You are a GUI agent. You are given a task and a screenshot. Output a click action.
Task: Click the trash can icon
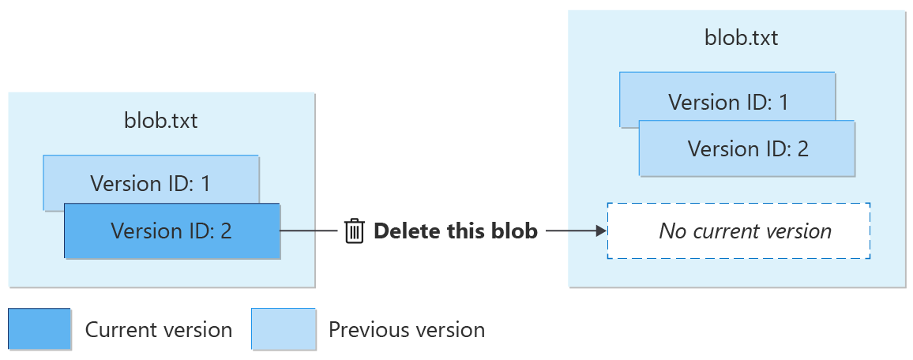(355, 231)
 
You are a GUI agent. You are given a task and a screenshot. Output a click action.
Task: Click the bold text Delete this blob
(456, 231)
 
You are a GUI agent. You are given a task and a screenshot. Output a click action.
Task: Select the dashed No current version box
(738, 231)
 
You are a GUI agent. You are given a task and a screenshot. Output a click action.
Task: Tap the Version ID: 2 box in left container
(172, 231)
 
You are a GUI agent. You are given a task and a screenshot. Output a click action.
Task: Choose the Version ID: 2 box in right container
(747, 148)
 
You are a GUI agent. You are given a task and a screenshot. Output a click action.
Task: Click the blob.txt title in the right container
(741, 38)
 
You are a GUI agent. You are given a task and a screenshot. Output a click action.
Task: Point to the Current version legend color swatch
(39, 329)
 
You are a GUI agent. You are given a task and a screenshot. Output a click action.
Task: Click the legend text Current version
(159, 329)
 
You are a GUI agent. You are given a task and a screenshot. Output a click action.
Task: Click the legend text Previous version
(407, 329)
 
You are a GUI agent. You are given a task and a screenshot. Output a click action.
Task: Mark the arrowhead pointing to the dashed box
(600, 231)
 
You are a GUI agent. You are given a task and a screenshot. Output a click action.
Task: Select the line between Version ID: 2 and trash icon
(310, 231)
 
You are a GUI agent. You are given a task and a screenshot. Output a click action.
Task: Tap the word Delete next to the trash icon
(402, 231)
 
